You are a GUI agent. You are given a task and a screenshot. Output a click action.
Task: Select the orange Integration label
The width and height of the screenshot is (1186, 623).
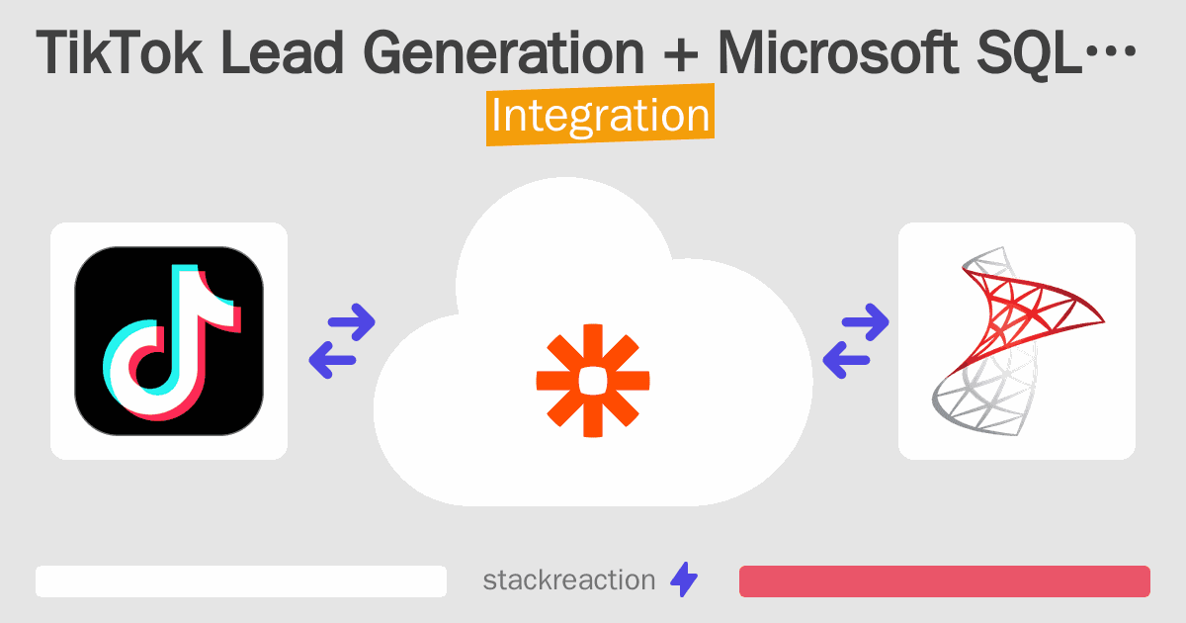point(600,116)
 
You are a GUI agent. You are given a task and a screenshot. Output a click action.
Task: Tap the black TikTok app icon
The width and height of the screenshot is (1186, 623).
point(169,341)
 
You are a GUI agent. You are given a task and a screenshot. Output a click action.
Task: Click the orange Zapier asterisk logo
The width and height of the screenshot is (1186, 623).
point(593,380)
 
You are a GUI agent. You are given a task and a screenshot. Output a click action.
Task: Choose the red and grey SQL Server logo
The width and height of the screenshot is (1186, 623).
point(1016,341)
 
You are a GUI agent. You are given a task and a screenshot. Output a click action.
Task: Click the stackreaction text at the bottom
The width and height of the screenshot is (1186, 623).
point(568,580)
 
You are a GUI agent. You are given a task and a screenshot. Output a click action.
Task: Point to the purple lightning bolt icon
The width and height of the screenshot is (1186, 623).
point(684,580)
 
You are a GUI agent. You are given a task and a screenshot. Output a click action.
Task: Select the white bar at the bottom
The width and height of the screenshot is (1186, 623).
point(241,581)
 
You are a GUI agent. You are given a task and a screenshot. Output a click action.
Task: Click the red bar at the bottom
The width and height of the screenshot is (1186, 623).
point(944,581)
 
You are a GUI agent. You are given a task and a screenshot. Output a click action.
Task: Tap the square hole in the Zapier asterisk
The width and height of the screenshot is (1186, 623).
point(593,380)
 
